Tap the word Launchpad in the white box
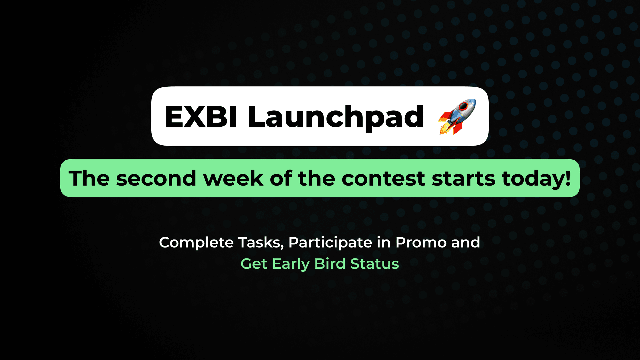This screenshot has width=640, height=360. tap(336, 118)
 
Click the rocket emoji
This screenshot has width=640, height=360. tap(457, 117)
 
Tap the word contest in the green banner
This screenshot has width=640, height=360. tap(383, 179)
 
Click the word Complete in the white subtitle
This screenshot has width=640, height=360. tap(196, 243)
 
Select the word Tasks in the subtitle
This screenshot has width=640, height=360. tap(261, 243)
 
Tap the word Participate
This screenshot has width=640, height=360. tap(330, 243)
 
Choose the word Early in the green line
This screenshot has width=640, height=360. tap(291, 264)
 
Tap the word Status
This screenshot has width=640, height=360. tap(374, 264)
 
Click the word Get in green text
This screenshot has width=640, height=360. tap(254, 264)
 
